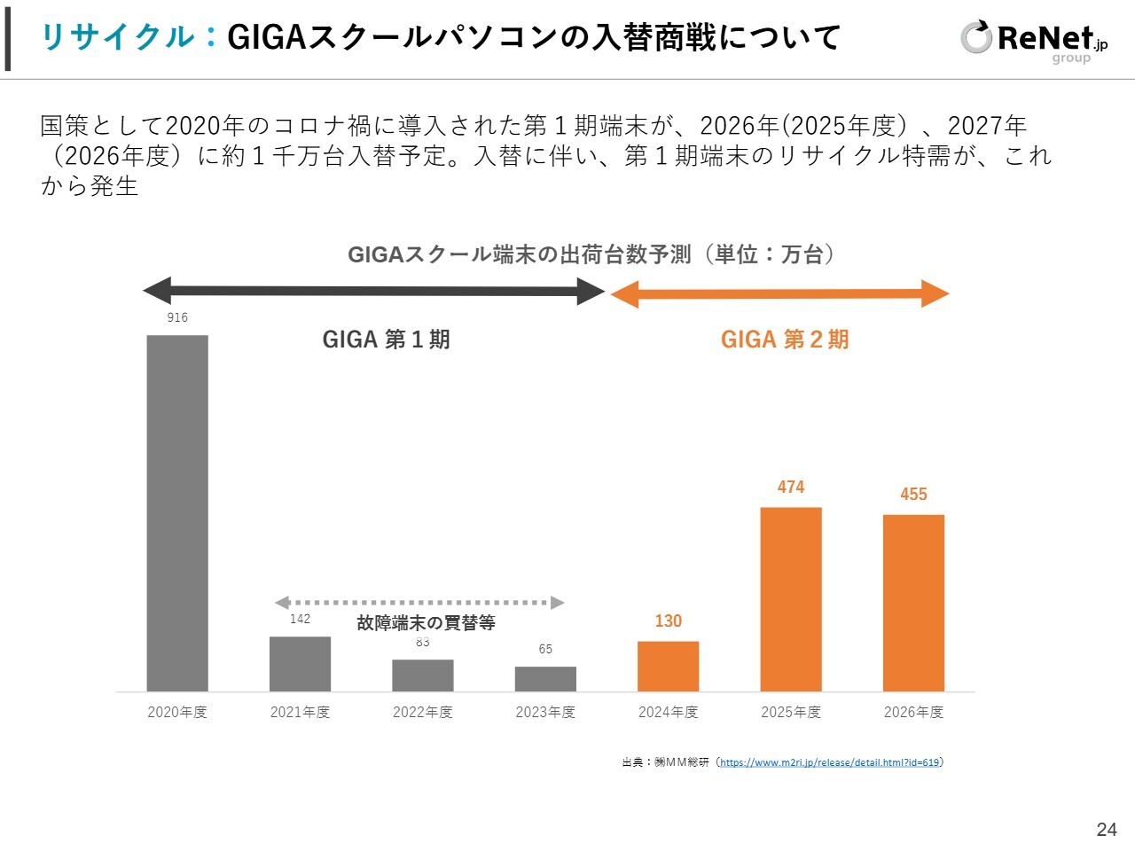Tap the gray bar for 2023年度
[545, 678]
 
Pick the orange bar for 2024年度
[668, 666]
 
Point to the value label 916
[177, 317]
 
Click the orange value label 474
[791, 487]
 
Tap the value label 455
[913, 494]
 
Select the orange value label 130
[668, 621]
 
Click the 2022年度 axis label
[423, 712]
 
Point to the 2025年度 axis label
[791, 712]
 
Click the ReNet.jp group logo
[1033, 40]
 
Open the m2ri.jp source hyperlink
[829, 762]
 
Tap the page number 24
[1107, 830]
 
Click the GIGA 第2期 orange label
[785, 340]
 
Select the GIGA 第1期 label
[386, 340]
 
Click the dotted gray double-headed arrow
[419, 603]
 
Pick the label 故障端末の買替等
[426, 622]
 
